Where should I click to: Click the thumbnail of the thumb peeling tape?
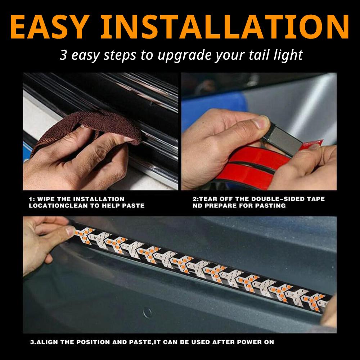262,123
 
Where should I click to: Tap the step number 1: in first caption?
32,199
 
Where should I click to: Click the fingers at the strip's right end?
329,317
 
